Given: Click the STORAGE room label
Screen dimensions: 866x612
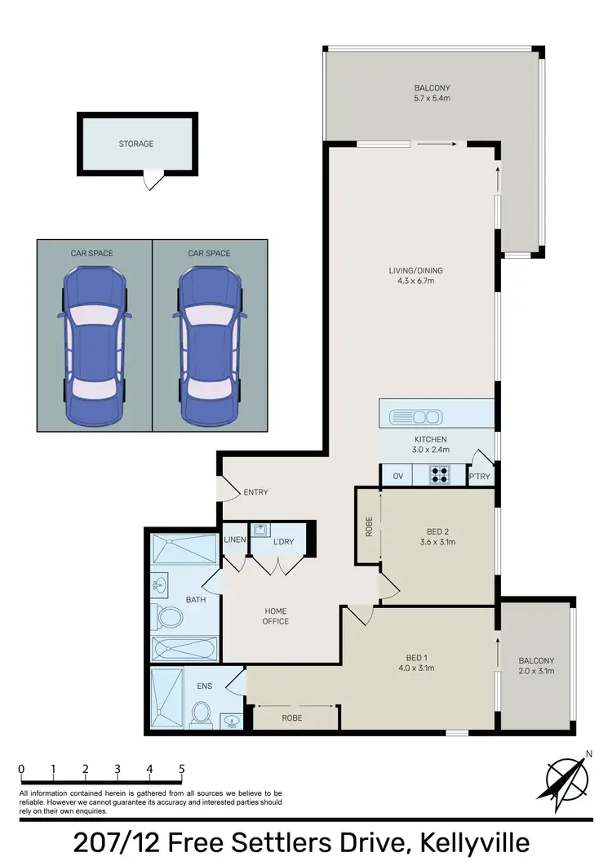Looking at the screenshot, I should (x=136, y=144).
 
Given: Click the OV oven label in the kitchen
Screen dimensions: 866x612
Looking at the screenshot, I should (x=398, y=476).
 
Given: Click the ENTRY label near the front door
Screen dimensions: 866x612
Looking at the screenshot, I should (x=255, y=492).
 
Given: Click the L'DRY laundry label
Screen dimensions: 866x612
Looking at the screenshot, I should (x=283, y=542).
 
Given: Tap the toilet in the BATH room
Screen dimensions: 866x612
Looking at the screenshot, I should (x=170, y=616).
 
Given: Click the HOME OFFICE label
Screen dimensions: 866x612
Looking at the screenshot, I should (x=276, y=616).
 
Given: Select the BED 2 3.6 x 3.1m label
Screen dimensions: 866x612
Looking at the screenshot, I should (x=437, y=535).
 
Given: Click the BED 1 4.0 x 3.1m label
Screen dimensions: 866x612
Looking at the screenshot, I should (x=420, y=663).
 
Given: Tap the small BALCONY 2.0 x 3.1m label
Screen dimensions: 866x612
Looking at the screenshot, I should (x=536, y=666).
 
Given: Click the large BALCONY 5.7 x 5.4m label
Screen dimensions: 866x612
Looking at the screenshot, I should (x=432, y=93).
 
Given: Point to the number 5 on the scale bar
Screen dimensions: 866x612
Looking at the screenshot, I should (x=182, y=769).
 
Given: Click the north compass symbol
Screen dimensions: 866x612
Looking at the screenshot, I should (x=564, y=779).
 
